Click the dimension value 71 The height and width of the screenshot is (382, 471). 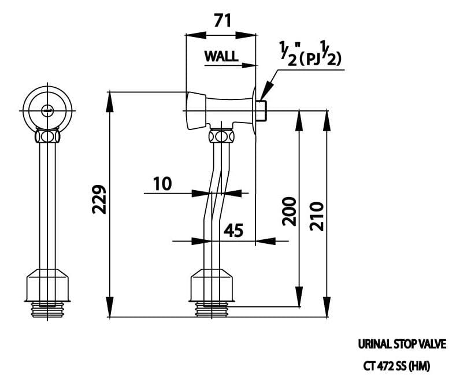pyautogui.click(x=222, y=21)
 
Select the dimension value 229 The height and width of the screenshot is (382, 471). pyautogui.click(x=99, y=199)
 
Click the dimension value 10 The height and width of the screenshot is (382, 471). pyautogui.click(x=162, y=184)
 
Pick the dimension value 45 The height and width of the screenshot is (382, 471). pyautogui.click(x=233, y=231)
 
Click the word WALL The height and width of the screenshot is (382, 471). pyautogui.click(x=221, y=56)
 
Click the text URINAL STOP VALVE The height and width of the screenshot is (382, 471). pyautogui.click(x=402, y=345)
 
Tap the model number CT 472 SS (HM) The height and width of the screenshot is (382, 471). pyautogui.click(x=396, y=365)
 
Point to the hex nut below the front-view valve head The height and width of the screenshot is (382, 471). pyautogui.click(x=48, y=138)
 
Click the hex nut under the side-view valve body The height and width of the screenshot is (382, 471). pyautogui.click(x=221, y=137)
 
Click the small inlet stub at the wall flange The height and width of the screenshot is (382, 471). pyautogui.click(x=262, y=110)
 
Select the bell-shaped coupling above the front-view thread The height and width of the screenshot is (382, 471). pyautogui.click(x=47, y=285)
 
